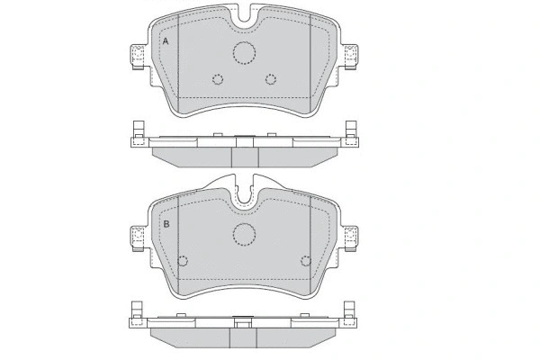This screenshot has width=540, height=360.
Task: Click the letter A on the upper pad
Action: [x=166, y=41]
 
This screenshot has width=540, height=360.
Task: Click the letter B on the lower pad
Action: [x=166, y=224]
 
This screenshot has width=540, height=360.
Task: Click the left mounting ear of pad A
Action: [x=138, y=57]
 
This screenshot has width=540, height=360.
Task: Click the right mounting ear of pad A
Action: [x=350, y=57]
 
